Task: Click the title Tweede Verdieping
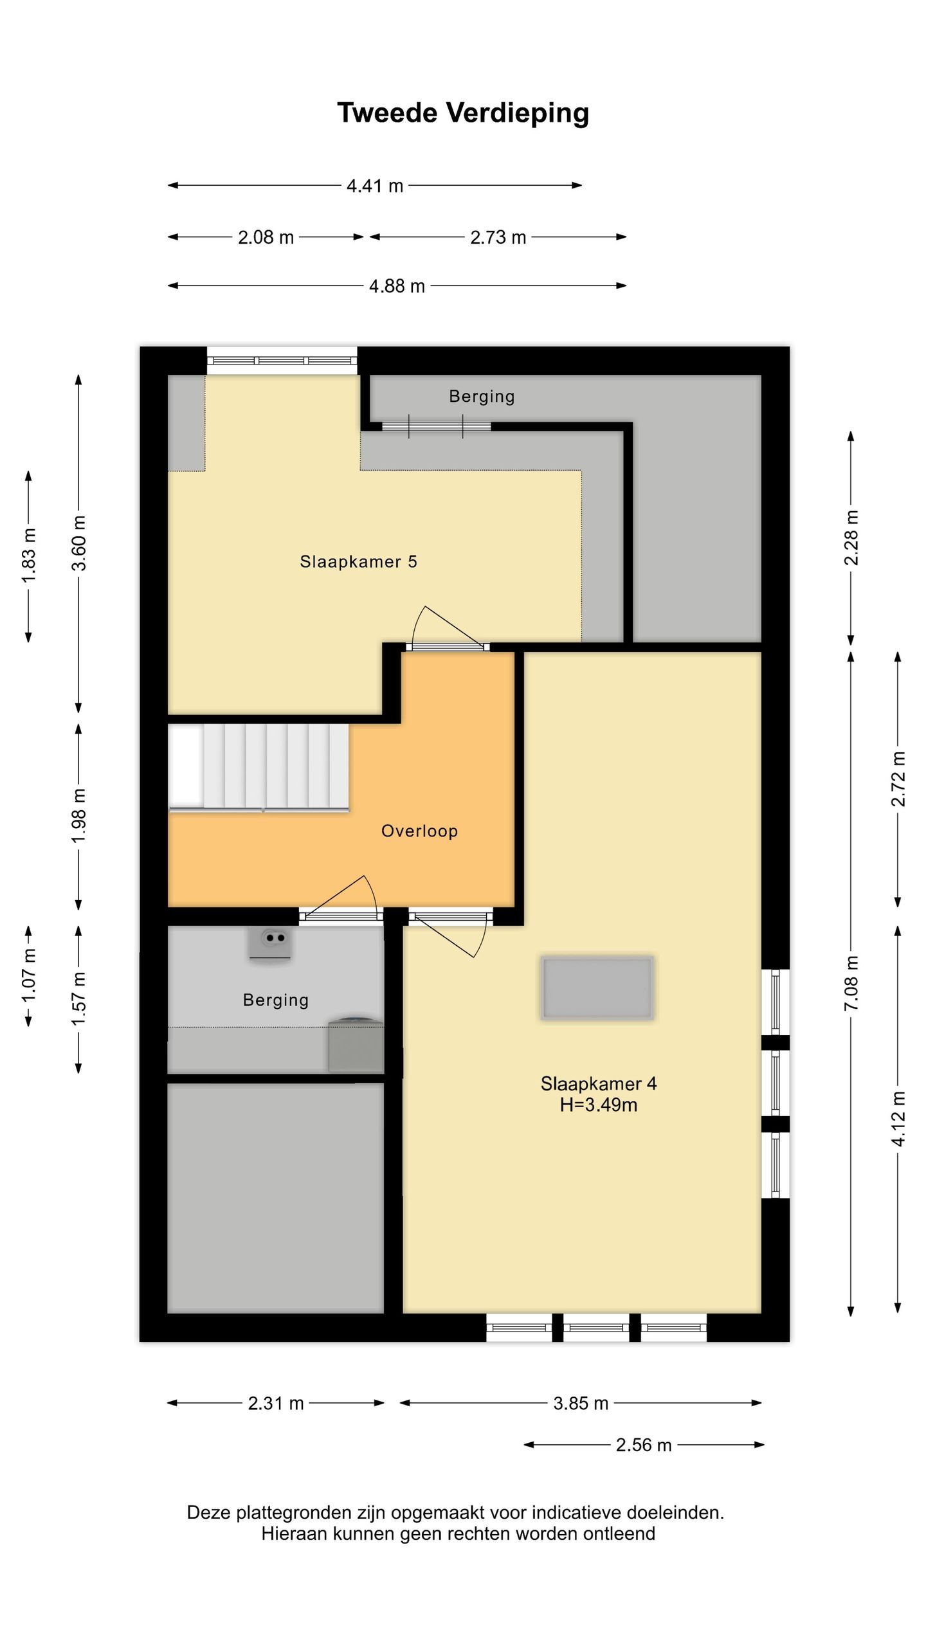(463, 113)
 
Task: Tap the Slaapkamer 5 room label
(359, 561)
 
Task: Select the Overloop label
(419, 831)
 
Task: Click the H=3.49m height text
(599, 1105)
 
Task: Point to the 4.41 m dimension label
(375, 186)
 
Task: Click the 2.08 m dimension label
(266, 237)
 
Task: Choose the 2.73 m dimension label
(498, 237)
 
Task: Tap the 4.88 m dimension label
(397, 286)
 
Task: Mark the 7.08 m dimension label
(851, 983)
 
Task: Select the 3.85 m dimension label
(581, 1403)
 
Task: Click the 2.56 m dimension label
(644, 1445)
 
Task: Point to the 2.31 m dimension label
(276, 1403)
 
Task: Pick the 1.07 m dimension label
(29, 975)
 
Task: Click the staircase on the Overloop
(259, 768)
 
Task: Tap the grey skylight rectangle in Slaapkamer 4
(597, 988)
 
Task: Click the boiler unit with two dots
(270, 943)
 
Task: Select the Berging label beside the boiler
(276, 1000)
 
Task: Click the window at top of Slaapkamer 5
(282, 361)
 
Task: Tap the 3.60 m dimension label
(78, 543)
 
